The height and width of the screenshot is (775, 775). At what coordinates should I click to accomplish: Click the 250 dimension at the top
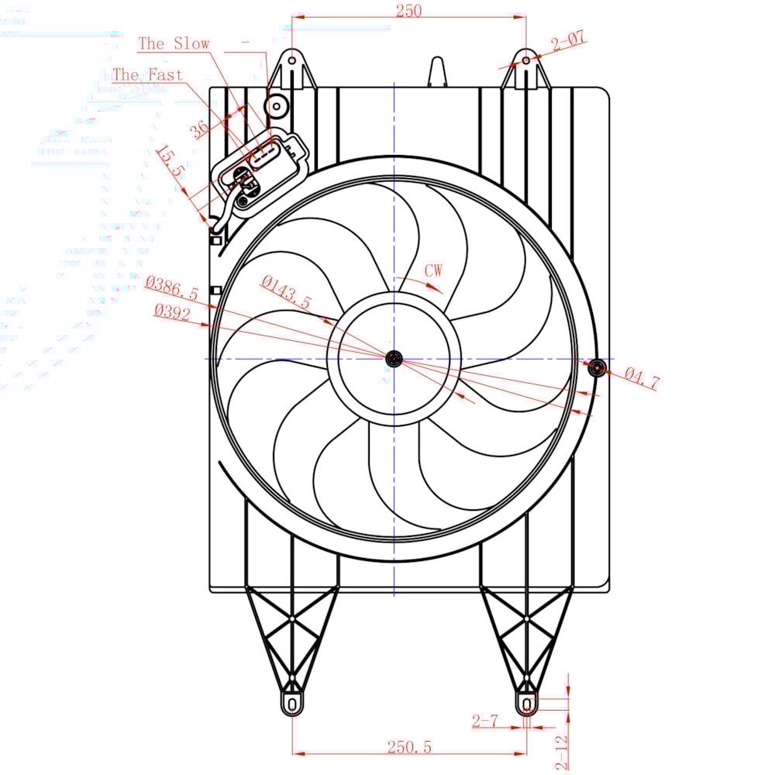[x=408, y=10]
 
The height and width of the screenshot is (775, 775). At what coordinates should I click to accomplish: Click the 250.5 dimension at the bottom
[x=408, y=746]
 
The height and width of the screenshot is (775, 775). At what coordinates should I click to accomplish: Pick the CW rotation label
[x=433, y=270]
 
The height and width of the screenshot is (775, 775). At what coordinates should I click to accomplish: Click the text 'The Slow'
[x=174, y=43]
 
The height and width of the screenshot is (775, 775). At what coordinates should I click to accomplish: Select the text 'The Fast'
[x=147, y=75]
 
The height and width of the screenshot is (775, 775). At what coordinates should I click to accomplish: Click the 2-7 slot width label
[x=484, y=721]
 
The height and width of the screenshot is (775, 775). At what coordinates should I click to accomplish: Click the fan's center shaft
[x=394, y=358]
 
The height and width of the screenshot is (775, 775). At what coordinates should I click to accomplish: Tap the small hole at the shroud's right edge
[x=595, y=368]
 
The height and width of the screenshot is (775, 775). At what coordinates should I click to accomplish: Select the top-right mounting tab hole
[x=526, y=60]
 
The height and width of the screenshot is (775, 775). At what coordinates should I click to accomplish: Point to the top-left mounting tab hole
[x=291, y=60]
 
